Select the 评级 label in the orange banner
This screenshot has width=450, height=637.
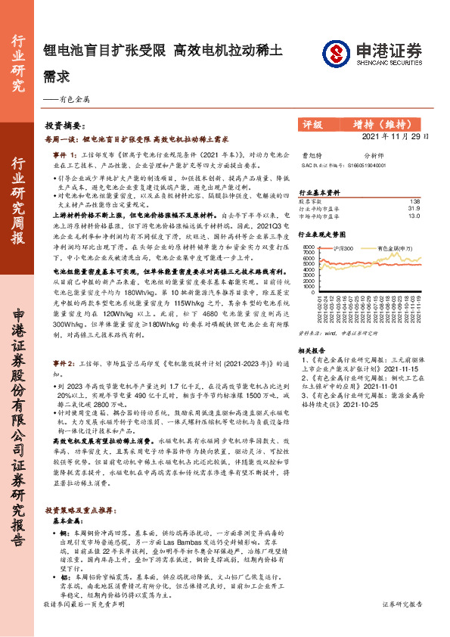tap(312, 125)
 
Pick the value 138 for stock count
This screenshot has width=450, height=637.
tap(414, 202)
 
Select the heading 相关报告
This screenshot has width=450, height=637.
tap(310, 350)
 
